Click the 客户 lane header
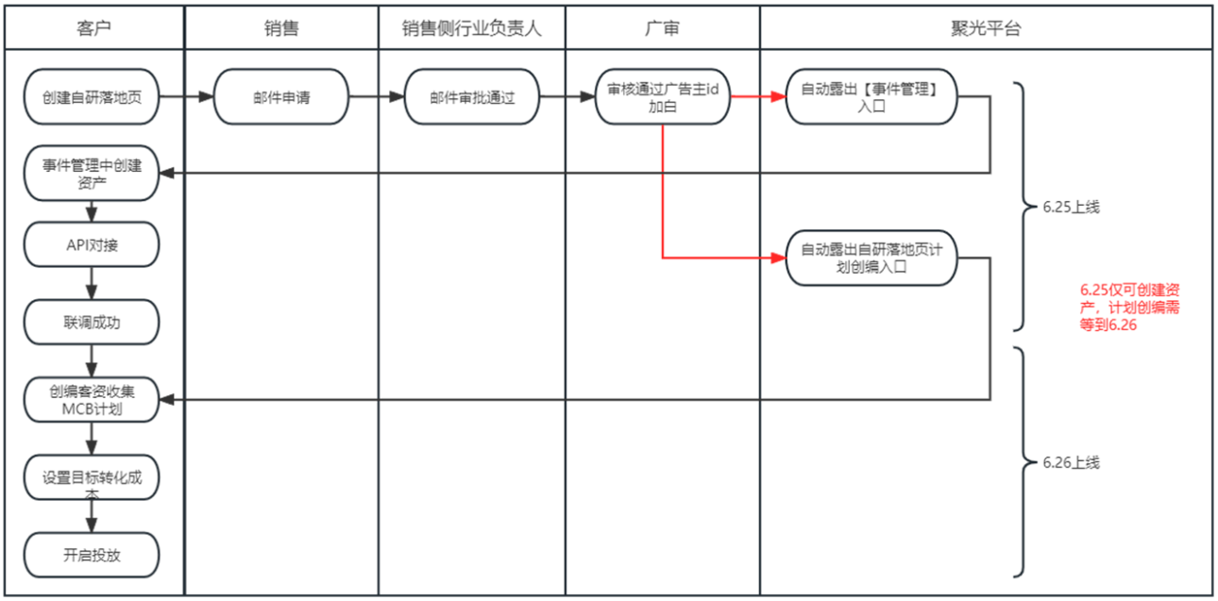tap(93, 28)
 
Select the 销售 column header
tap(281, 28)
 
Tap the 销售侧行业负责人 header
tap(472, 28)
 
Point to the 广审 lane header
tap(662, 28)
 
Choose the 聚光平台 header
tap(986, 28)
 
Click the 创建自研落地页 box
tap(93, 96)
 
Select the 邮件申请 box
tap(281, 96)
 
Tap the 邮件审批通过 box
tap(472, 96)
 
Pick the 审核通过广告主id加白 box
tap(663, 96)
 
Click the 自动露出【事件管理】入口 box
tap(871, 96)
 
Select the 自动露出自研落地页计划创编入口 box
tap(871, 257)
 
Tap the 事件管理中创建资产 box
tap(93, 174)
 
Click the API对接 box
tap(93, 244)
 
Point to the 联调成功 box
tap(93, 323)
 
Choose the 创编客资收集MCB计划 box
tap(93, 400)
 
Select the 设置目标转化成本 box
tap(93, 478)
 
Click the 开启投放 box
tap(93, 555)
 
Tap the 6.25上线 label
tap(1072, 208)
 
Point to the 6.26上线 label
tap(1072, 462)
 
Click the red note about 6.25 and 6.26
tap(1130, 308)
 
